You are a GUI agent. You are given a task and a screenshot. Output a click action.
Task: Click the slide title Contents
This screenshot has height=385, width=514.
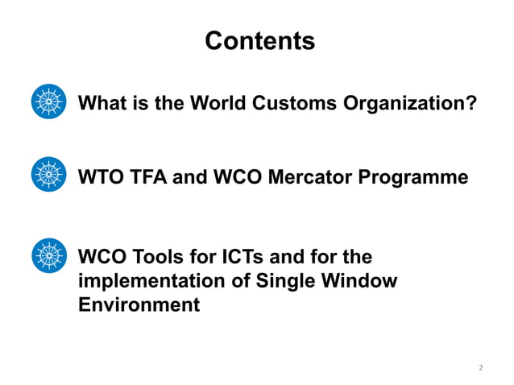click(x=259, y=40)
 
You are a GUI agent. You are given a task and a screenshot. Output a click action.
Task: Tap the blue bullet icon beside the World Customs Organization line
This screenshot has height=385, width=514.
click(x=48, y=102)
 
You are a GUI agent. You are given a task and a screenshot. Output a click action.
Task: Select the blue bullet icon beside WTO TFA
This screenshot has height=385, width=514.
click(x=48, y=175)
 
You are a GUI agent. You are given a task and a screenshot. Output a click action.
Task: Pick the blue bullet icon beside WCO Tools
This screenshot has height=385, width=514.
click(x=48, y=255)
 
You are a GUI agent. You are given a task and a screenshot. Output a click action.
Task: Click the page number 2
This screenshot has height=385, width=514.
click(x=480, y=368)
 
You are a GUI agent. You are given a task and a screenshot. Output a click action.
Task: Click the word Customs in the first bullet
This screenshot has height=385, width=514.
click(x=292, y=104)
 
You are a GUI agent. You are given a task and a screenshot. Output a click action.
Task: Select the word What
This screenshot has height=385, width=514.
click(x=102, y=104)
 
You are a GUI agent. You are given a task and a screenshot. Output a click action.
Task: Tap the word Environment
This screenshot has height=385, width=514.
click(x=139, y=305)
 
